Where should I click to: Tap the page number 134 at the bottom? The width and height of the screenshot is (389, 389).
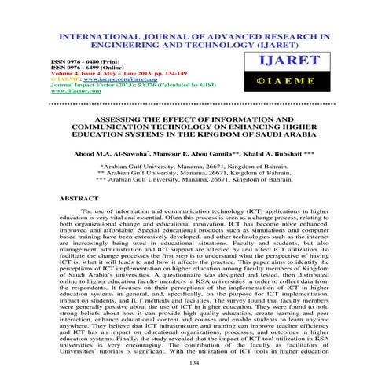pyautogui.click(x=194, y=363)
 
